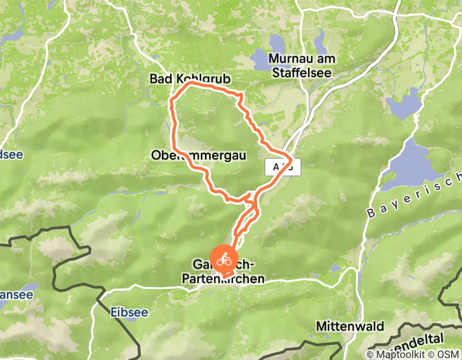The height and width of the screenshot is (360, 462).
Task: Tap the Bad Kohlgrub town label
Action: [x=190, y=79]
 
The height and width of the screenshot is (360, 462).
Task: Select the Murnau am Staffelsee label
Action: [x=302, y=66]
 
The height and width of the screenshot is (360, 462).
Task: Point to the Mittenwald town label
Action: [x=343, y=326]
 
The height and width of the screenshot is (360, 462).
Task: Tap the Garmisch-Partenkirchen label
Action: [x=224, y=272]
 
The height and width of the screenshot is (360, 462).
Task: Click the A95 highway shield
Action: [x=282, y=166]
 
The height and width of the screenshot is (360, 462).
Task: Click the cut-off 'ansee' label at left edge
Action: [x=16, y=295]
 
